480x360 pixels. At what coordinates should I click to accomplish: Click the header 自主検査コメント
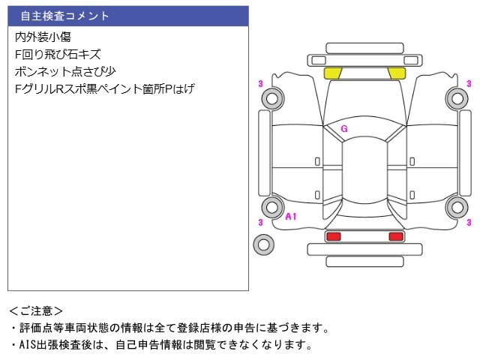click(x=64, y=16)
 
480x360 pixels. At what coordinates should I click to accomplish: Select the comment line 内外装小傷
click(x=43, y=37)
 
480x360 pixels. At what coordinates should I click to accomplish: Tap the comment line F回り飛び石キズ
click(x=58, y=55)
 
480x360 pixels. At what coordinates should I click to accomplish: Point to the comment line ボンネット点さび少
click(x=65, y=72)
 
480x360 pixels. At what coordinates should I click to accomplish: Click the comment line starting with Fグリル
click(x=105, y=88)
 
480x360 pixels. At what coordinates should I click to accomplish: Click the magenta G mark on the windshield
click(x=344, y=129)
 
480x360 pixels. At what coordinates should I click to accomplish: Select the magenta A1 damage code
click(x=291, y=217)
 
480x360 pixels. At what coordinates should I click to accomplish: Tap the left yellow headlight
click(x=333, y=73)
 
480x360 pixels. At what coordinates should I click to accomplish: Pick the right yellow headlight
click(x=397, y=73)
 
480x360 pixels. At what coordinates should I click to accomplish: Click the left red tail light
click(x=333, y=236)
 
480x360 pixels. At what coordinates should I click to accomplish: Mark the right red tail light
click(x=396, y=236)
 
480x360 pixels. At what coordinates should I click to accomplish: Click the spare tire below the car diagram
click(x=263, y=244)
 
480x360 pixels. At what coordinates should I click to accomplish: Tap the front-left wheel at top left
click(x=272, y=98)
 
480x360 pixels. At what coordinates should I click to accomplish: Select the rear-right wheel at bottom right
click(x=457, y=207)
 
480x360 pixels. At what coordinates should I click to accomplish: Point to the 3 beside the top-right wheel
click(x=469, y=84)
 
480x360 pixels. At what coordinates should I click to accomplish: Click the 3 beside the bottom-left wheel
click(x=260, y=222)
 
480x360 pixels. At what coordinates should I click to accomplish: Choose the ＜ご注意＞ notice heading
click(x=36, y=311)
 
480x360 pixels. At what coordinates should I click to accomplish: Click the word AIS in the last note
click(x=28, y=345)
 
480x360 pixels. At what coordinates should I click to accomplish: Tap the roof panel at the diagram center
click(x=364, y=170)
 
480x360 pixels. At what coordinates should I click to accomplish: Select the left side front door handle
click(x=317, y=162)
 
